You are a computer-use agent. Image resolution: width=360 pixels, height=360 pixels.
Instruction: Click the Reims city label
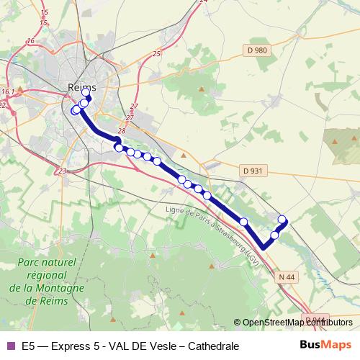(x=81, y=87)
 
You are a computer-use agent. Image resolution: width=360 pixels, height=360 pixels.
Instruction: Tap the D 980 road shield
(x=256, y=50)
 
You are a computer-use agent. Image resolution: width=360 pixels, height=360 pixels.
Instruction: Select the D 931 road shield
(x=253, y=171)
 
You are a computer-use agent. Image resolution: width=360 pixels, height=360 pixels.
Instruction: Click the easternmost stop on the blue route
(x=282, y=220)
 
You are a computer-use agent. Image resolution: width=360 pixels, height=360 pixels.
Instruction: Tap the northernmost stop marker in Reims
(x=86, y=92)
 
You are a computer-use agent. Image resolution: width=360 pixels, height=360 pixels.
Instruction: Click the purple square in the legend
(x=10, y=346)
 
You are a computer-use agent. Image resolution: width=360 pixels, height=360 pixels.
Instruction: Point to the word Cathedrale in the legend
(x=213, y=346)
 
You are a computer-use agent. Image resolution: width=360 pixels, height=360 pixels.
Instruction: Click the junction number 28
(x=122, y=131)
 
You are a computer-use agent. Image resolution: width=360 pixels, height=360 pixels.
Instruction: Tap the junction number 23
(x=63, y=171)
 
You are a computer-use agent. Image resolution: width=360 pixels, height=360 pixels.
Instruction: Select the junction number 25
(x=157, y=54)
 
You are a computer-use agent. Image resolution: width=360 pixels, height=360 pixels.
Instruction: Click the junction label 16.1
(x=8, y=92)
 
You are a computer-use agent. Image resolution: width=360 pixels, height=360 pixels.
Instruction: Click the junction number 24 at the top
(x=203, y=1)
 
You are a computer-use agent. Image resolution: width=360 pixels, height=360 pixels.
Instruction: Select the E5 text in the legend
(x=28, y=346)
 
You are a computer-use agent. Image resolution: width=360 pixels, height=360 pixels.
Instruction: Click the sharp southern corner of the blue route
(x=264, y=248)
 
